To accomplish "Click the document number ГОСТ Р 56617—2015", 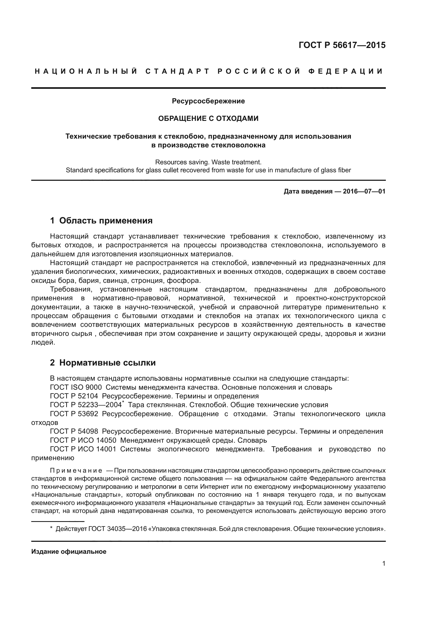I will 342,45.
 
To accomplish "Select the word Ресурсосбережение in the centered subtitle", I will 208,101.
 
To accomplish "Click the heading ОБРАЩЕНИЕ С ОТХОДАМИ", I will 208,118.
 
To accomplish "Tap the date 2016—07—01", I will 364,191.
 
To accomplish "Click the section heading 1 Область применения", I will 101,221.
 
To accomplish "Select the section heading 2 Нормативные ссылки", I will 103,363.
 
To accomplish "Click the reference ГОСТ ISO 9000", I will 76,387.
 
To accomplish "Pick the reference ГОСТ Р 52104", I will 74,396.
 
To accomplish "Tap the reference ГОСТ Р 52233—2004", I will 86,405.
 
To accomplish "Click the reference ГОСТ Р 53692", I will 74,414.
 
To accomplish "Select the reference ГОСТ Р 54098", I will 74,432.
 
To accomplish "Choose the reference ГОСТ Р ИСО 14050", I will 83,441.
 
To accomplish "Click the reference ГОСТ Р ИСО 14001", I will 83,449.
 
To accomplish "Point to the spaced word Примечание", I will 76,471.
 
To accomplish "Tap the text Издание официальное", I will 69,552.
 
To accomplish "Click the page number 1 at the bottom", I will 384,564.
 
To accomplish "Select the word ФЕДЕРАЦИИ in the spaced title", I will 346,72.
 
